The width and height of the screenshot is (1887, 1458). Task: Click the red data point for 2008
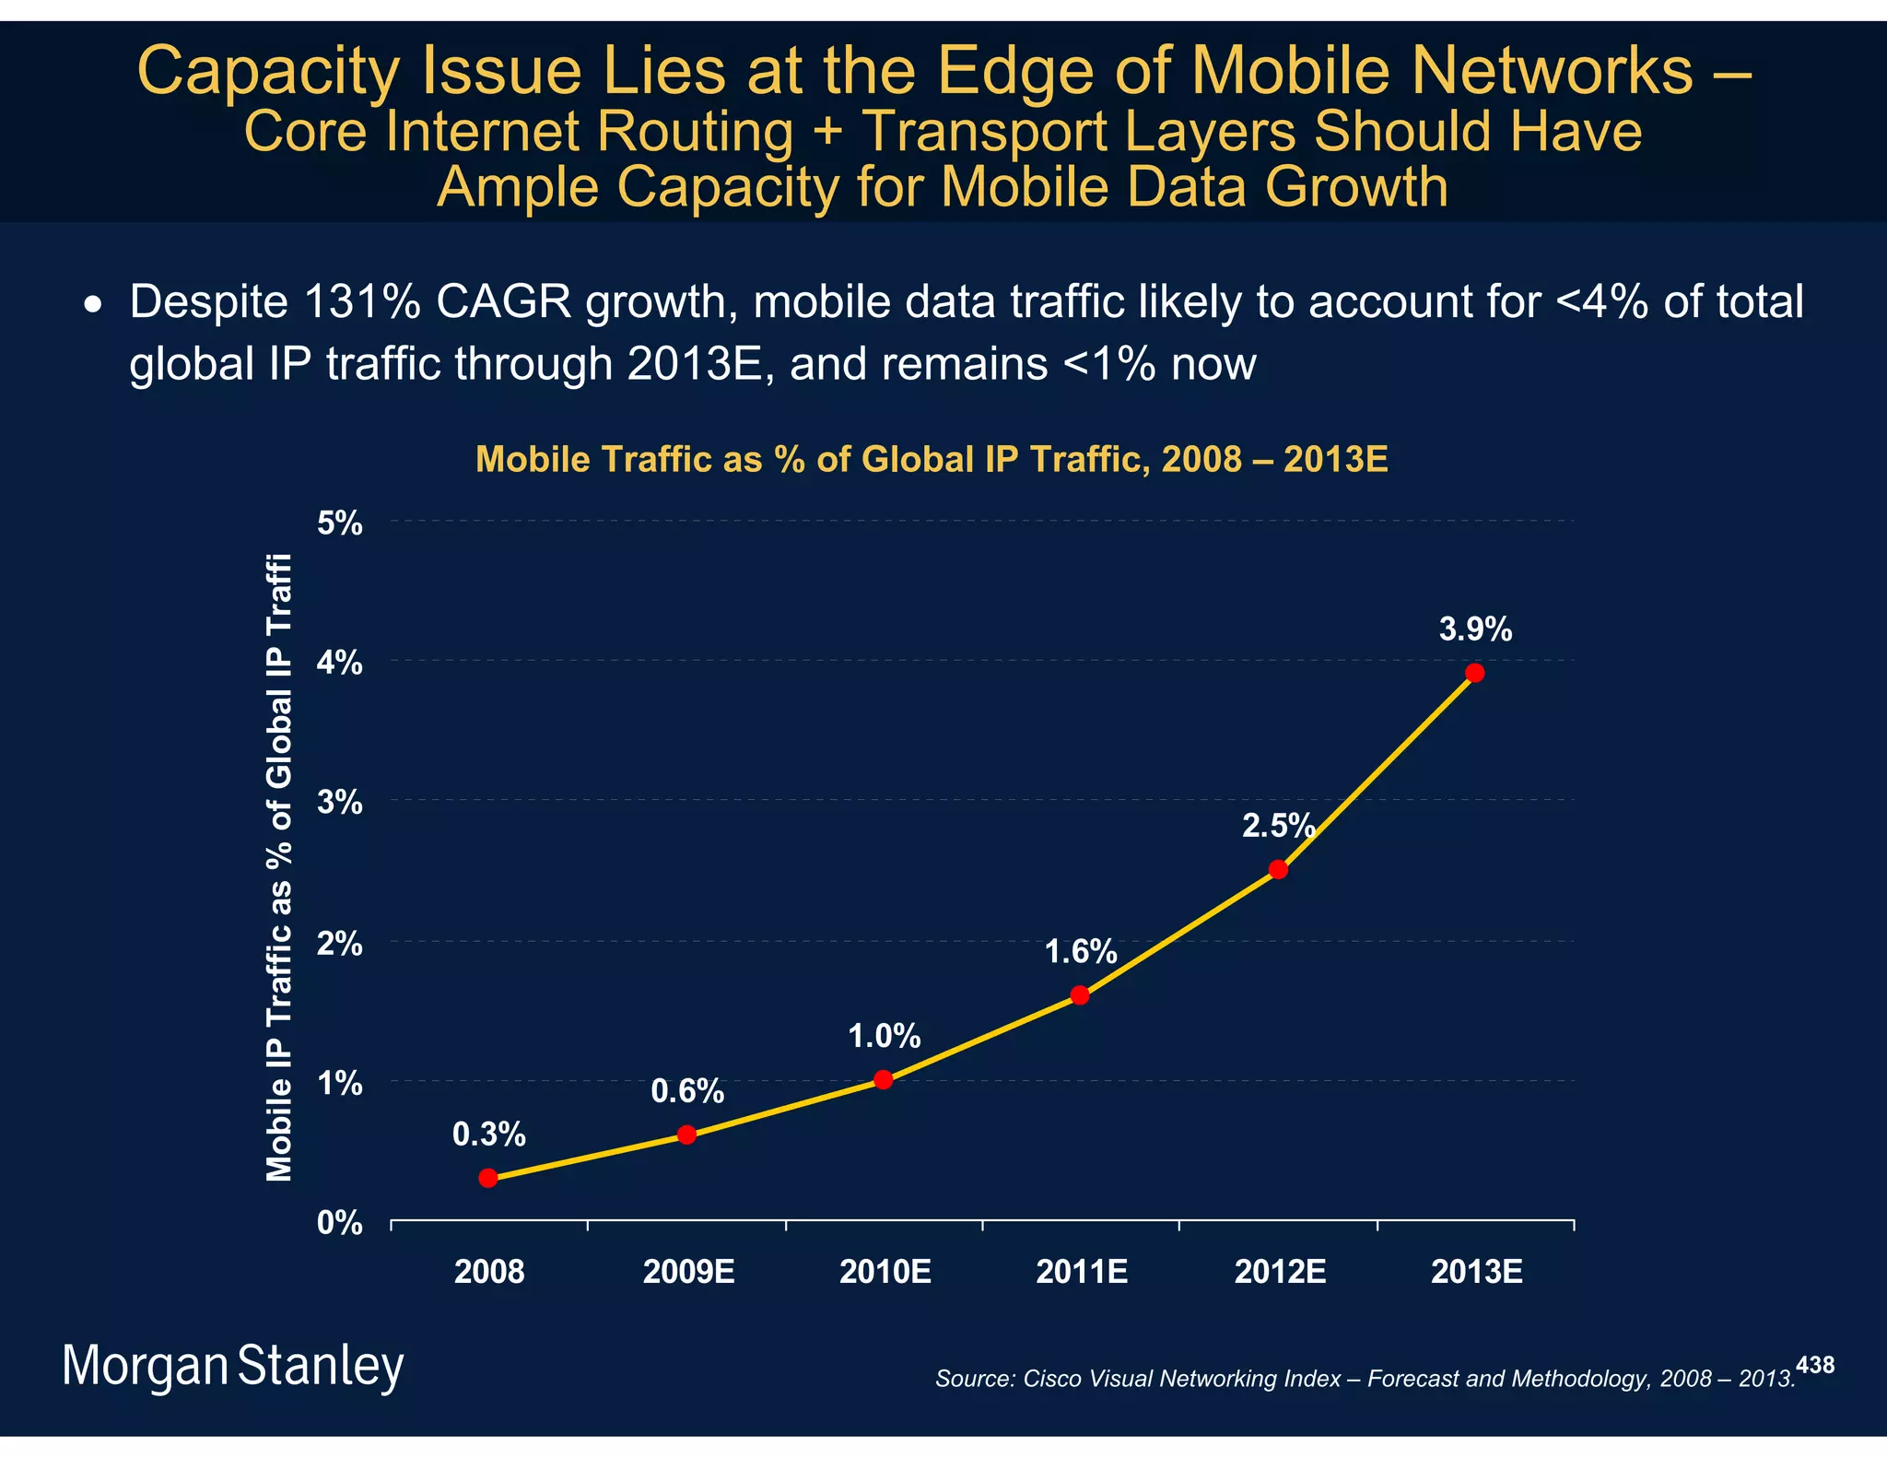click(488, 1178)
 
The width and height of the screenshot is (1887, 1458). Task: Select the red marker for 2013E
click(1474, 673)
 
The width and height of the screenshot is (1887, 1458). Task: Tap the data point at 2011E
click(1080, 995)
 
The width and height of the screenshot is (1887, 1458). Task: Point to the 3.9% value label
click(1475, 629)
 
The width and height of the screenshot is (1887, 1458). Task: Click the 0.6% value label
click(687, 1091)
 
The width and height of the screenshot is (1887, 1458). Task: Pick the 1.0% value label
click(884, 1037)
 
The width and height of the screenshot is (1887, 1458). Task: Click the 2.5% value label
click(1278, 826)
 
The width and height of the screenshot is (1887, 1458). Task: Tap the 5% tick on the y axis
click(340, 523)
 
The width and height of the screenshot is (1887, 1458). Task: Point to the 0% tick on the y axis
click(340, 1223)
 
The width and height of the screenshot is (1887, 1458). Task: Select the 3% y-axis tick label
click(340, 803)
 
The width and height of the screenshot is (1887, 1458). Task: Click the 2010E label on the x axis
click(885, 1272)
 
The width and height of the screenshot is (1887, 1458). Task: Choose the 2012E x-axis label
click(1280, 1272)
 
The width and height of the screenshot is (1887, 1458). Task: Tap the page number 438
click(1815, 1365)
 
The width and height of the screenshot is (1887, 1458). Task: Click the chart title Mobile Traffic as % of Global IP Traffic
click(931, 459)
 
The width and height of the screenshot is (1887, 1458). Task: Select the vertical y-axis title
click(278, 866)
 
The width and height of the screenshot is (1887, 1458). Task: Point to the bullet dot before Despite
click(92, 304)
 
